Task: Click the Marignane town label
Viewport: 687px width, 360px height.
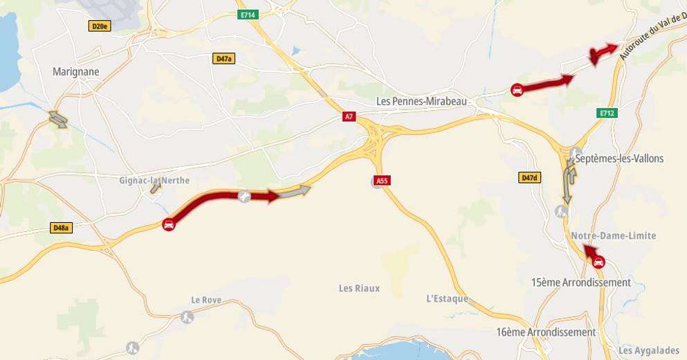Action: [x=76, y=71]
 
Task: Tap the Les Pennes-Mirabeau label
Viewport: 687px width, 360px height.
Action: [x=422, y=101]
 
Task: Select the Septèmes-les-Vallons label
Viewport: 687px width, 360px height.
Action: [x=619, y=159]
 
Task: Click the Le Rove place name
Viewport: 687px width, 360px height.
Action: [x=205, y=300]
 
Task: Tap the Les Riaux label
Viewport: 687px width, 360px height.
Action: [x=359, y=288]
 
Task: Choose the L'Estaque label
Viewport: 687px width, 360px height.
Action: [x=447, y=299]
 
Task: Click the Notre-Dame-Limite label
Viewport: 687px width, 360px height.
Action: [x=614, y=236]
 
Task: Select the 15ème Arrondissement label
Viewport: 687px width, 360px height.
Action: [x=581, y=282]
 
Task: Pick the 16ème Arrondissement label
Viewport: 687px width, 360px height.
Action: [x=546, y=332]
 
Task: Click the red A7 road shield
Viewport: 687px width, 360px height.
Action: [x=349, y=117]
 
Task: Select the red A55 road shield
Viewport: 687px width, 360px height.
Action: [x=381, y=181]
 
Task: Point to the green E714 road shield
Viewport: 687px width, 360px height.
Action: [x=246, y=14]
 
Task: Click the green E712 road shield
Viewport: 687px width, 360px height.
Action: [x=607, y=112]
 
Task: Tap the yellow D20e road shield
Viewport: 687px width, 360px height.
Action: [x=100, y=26]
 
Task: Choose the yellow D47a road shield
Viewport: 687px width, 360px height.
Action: [x=223, y=59]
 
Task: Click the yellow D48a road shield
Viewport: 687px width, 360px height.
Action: [x=62, y=227]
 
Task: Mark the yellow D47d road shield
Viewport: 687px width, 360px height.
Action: [x=529, y=178]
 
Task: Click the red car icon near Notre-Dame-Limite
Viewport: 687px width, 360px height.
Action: [x=599, y=262]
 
